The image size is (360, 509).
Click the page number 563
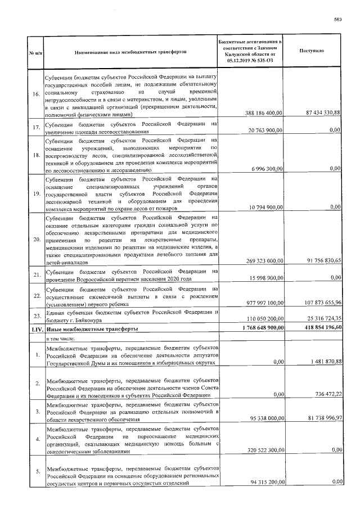(338, 20)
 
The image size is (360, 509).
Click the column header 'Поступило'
(312, 51)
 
